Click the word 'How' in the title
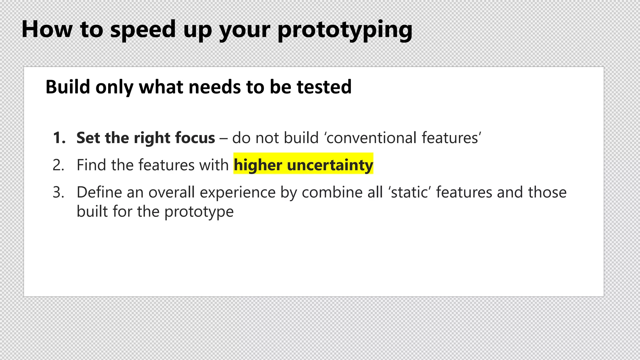tap(47, 29)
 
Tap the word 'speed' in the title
tap(143, 29)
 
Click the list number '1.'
tap(59, 138)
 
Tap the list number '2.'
tap(58, 165)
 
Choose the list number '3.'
tap(58, 192)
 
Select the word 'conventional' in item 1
tap(371, 138)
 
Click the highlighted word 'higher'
tap(258, 165)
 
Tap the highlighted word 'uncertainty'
tap(330, 165)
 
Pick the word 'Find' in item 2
tap(91, 165)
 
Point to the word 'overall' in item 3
tap(172, 192)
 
